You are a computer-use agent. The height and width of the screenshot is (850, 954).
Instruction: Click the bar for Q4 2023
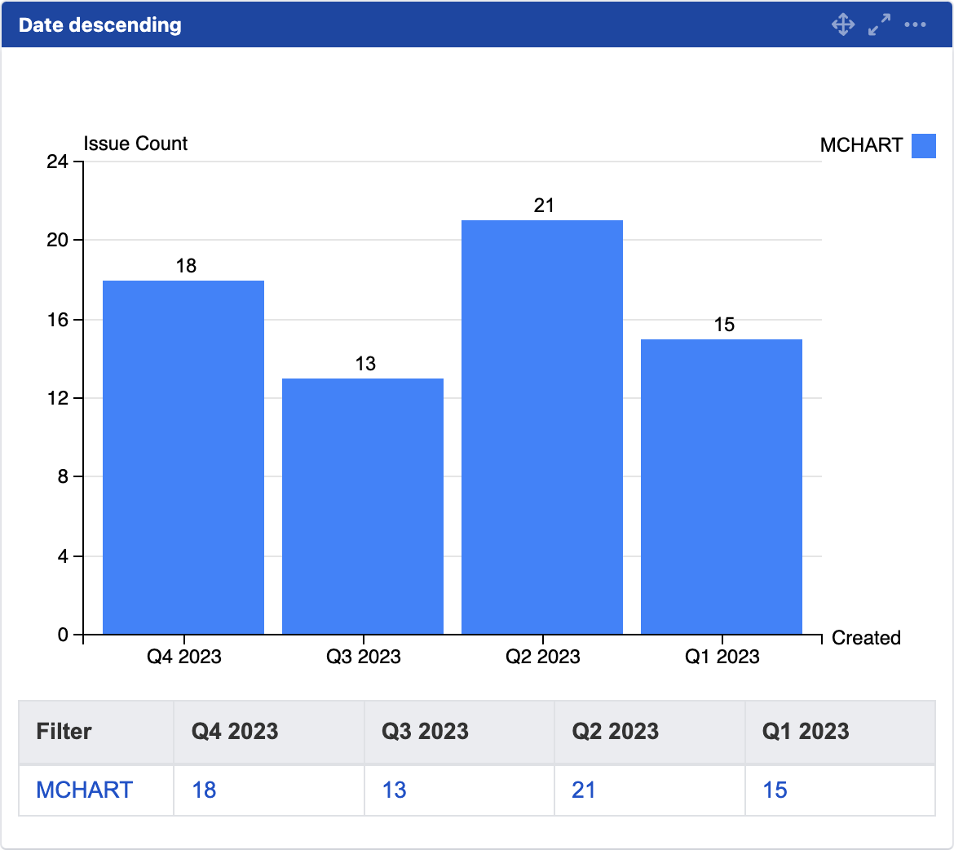pyautogui.click(x=183, y=457)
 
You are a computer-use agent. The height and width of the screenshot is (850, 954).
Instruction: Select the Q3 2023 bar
pyautogui.click(x=363, y=506)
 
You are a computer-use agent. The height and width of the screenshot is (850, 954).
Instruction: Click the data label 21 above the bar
pyautogui.click(x=544, y=206)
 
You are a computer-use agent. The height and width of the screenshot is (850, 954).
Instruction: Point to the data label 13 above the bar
pyautogui.click(x=365, y=364)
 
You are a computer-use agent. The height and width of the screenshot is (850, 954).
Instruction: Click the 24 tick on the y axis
pyautogui.click(x=58, y=162)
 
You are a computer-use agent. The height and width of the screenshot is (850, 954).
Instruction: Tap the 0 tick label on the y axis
pyautogui.click(x=64, y=635)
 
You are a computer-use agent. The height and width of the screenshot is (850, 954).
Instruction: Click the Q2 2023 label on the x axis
pyautogui.click(x=542, y=657)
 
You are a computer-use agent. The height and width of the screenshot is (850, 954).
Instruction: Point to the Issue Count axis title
pyautogui.click(x=135, y=144)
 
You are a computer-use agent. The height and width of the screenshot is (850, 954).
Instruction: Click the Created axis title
pyautogui.click(x=866, y=638)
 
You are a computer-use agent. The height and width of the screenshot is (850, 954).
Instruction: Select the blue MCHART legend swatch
pyautogui.click(x=924, y=145)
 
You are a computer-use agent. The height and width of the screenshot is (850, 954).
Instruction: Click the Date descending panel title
pyautogui.click(x=100, y=24)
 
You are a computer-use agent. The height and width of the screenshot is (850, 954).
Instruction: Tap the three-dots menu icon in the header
pyautogui.click(x=915, y=24)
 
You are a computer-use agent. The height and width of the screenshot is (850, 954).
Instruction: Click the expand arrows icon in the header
pyautogui.click(x=879, y=24)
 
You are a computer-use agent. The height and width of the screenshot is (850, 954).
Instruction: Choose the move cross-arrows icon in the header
pyautogui.click(x=843, y=24)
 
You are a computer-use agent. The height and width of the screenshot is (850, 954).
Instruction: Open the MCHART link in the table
pyautogui.click(x=85, y=790)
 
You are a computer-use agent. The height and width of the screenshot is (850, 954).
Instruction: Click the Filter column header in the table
pyautogui.click(x=64, y=731)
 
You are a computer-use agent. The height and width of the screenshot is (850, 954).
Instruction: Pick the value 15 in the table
pyautogui.click(x=775, y=790)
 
